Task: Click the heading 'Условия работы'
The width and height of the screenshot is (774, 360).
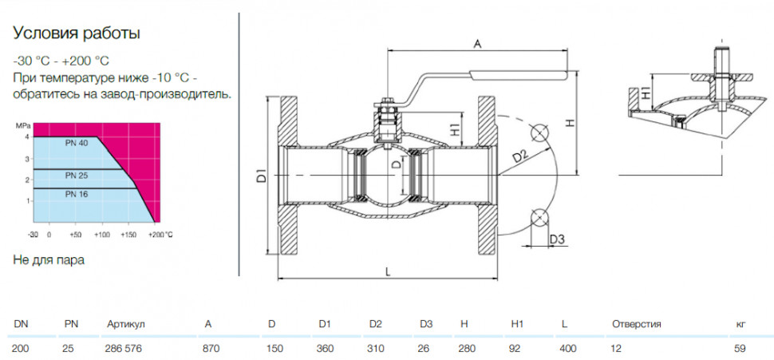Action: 77,34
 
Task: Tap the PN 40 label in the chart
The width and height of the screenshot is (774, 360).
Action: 76,144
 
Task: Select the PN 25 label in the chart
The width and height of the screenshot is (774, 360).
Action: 76,176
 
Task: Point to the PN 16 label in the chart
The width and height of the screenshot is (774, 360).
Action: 76,194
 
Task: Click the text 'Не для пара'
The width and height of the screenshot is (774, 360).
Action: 49,261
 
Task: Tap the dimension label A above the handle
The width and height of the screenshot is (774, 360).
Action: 477,43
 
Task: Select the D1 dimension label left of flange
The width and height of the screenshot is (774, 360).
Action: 262,176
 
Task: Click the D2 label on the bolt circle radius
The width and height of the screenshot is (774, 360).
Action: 519,157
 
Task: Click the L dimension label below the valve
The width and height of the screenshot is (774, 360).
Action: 388,271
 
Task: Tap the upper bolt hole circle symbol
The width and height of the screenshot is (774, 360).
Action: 539,133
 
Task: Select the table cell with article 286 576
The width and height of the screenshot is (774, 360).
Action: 124,349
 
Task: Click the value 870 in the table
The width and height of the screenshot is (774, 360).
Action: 211,349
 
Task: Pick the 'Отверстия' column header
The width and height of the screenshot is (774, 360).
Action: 636,324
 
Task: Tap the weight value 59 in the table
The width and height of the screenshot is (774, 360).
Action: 740,349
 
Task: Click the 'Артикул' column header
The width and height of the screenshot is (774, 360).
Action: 126,324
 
